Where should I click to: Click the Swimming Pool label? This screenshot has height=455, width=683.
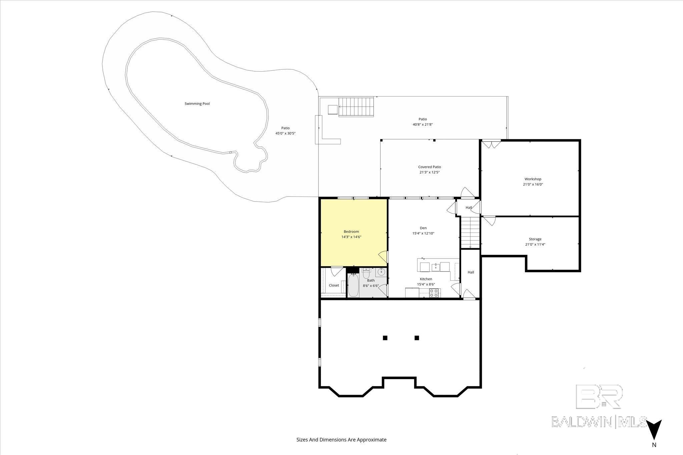coord(197,104)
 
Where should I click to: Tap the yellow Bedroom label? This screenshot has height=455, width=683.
coord(351,231)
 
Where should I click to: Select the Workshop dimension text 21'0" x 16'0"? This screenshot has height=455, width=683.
coord(533,184)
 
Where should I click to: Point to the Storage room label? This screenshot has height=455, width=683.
coord(535,239)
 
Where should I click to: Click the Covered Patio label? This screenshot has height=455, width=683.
coord(430,167)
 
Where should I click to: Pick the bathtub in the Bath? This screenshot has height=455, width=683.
coord(353,285)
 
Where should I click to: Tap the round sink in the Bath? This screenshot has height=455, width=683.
coord(381,272)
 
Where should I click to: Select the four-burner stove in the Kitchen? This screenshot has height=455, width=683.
coord(434,293)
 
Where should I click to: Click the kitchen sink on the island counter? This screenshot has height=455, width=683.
coord(435,267)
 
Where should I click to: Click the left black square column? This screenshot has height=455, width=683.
coord(385,338)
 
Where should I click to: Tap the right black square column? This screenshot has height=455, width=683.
coord(417,338)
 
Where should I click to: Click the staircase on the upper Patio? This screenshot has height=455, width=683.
coord(356,107)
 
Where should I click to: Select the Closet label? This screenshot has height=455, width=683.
coord(334,285)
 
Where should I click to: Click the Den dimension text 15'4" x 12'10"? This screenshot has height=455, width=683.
coord(423,233)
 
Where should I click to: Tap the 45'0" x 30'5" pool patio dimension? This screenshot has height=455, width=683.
coord(285,133)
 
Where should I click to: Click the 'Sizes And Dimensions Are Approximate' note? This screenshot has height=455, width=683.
coord(341,440)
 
